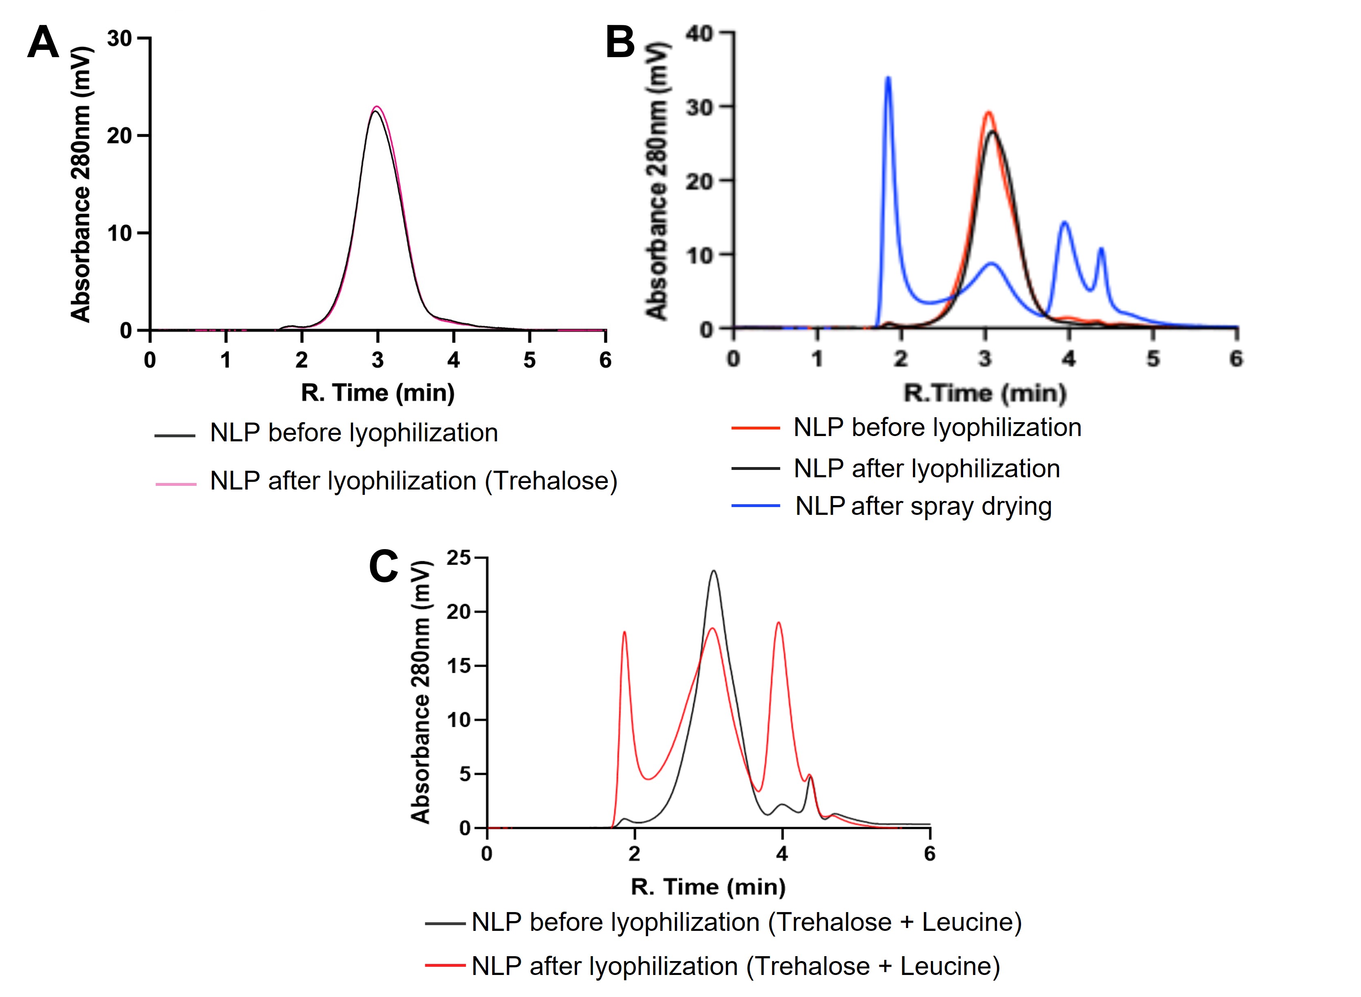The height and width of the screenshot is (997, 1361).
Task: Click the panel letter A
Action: click(x=43, y=42)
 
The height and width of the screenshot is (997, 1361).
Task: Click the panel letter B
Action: click(x=619, y=42)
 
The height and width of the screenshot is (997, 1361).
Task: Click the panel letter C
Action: click(x=383, y=566)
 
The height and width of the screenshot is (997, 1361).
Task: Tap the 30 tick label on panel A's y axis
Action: click(x=119, y=39)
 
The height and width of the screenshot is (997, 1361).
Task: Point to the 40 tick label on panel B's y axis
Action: click(x=700, y=34)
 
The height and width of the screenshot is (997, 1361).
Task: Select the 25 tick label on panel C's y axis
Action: click(x=458, y=558)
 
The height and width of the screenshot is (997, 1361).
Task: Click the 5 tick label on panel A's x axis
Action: click(x=529, y=360)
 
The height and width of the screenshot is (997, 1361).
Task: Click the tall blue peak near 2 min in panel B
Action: click(x=888, y=78)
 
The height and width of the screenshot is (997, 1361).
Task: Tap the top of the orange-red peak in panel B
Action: click(x=988, y=112)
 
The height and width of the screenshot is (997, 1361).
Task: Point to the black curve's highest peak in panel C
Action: click(x=714, y=571)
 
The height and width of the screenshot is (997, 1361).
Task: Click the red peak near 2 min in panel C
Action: click(x=624, y=632)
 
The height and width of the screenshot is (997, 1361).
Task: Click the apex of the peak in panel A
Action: click(x=377, y=107)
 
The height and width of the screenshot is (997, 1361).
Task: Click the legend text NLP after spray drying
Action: click(x=923, y=506)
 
